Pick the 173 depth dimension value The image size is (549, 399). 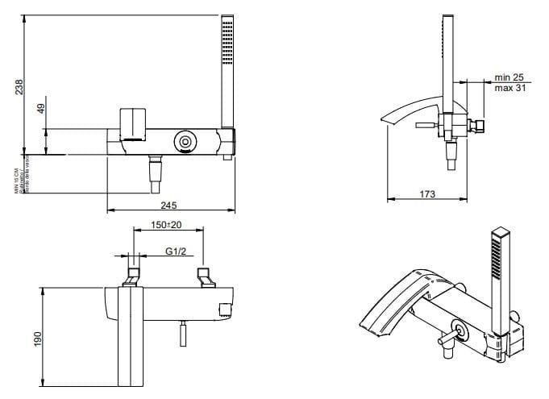pos(427,194)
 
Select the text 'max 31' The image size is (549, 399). pos(509,88)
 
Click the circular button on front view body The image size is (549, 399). pos(185,141)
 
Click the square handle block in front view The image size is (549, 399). pos(131,124)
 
